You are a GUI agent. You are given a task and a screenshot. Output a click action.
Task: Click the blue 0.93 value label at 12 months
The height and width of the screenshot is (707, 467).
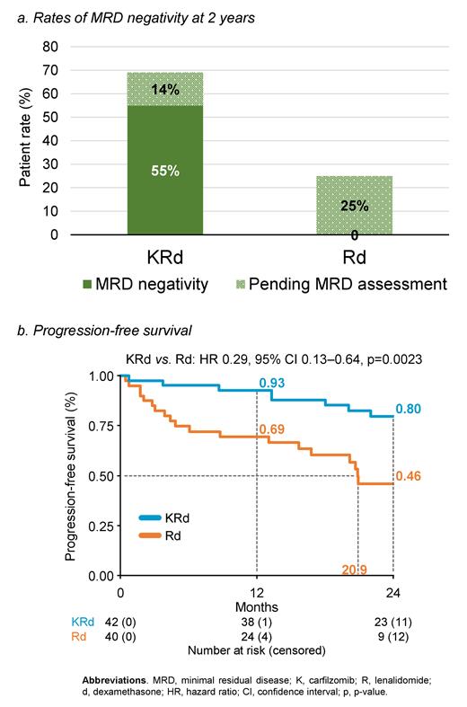pos(272,384)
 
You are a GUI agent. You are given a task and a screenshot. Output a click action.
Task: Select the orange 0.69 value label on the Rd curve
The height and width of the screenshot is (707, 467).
pos(272,429)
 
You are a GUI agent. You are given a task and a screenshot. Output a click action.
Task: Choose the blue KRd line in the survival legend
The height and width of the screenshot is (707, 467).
pos(158,517)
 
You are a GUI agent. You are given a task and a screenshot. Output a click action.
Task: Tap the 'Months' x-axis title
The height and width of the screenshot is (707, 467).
pos(257,607)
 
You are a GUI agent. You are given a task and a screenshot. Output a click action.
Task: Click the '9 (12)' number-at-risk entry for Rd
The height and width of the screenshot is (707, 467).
pos(393,636)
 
